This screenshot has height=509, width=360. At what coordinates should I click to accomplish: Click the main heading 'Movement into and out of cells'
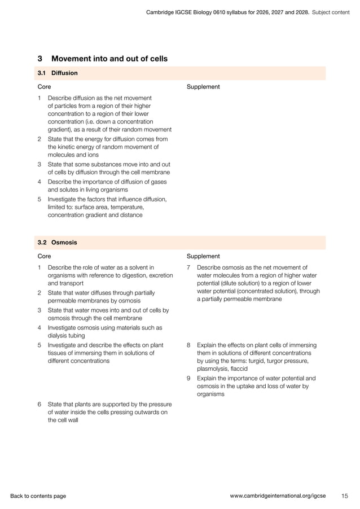pyautogui.click(x=109, y=59)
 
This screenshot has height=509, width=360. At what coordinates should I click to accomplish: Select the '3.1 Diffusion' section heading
pyautogui.click(x=57, y=73)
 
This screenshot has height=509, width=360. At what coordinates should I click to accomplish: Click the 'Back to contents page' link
pyautogui.click(x=38, y=496)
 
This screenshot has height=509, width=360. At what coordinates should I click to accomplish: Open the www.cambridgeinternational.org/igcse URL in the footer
pyautogui.click(x=278, y=496)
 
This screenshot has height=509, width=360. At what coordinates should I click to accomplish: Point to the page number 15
pyautogui.click(x=344, y=496)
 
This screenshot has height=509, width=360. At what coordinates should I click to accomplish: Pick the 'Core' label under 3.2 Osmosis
pyautogui.click(x=44, y=256)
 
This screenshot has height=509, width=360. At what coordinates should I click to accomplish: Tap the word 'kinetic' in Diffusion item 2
pyautogui.click(x=66, y=147)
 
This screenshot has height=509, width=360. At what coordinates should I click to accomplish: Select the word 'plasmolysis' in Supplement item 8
pyautogui.click(x=214, y=368)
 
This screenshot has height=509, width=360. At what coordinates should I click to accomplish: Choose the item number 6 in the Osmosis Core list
pyautogui.click(x=39, y=404)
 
